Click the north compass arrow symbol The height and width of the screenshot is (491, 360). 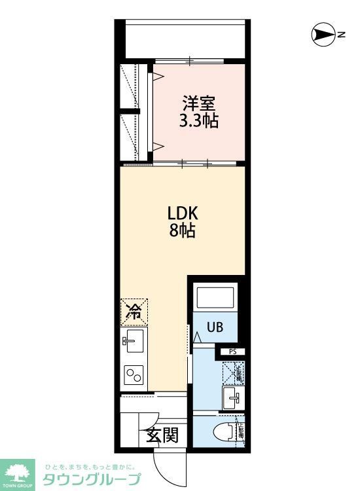(x=322, y=35)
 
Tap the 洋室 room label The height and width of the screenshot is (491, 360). (x=199, y=103)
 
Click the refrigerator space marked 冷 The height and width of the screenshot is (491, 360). (x=134, y=312)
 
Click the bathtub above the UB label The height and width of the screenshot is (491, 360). (x=215, y=300)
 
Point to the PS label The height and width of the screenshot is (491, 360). (x=232, y=352)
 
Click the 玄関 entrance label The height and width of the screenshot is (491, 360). (x=162, y=435)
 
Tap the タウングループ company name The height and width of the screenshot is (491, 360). (x=92, y=479)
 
